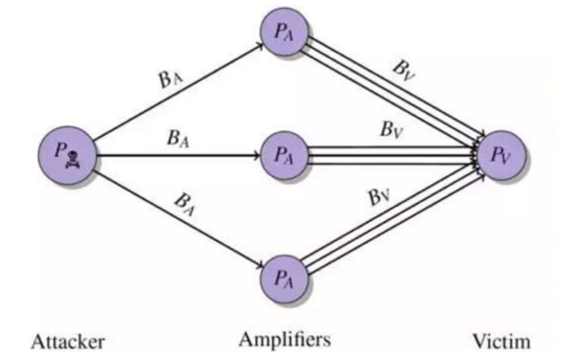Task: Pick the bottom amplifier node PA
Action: (285, 278)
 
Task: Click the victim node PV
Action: (502, 155)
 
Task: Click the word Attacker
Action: (68, 342)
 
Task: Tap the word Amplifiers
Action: (285, 340)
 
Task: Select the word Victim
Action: (501, 342)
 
